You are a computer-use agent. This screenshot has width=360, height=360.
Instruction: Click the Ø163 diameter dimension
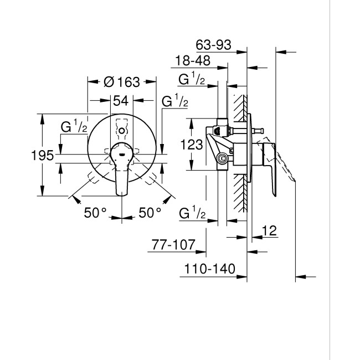coord(121,82)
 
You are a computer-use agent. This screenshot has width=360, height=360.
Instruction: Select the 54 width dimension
coord(121,101)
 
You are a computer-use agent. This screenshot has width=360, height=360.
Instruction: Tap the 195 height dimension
coord(42,155)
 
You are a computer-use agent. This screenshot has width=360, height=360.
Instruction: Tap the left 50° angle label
coord(95,213)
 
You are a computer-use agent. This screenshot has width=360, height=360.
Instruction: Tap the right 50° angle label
coord(150,213)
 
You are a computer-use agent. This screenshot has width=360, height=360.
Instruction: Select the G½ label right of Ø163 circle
coord(174,102)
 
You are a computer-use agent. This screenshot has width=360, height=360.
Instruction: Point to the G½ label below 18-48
coord(192,80)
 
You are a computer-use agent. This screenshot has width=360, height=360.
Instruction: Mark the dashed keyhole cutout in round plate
coord(122,129)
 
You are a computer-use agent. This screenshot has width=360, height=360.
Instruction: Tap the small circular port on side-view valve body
coord(223,160)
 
